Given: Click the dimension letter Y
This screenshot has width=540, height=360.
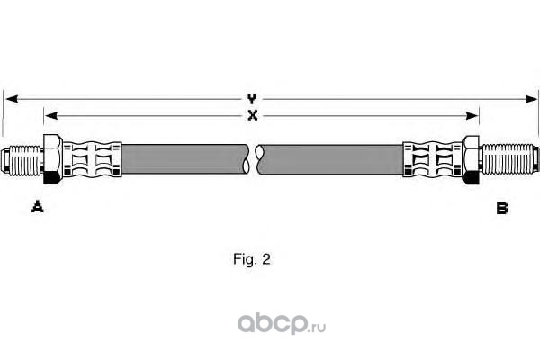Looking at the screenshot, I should coord(253,97).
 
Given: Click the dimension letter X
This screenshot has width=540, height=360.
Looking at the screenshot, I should coord(253,115).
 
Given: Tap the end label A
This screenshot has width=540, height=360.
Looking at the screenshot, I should coord(37,208).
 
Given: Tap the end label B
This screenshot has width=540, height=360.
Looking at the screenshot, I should coord(502,208).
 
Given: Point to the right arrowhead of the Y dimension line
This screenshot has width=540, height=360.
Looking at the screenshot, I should coord(532,97).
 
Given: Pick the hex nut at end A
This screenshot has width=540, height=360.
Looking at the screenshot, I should coord(52,160).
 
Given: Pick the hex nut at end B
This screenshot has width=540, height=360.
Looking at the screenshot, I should coord(472,160).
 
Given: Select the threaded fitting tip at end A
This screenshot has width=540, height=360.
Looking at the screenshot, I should coord(23,160).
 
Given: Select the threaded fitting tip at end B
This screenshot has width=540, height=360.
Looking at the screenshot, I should coord(509,160).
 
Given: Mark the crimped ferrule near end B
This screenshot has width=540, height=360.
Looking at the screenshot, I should coord(432,160).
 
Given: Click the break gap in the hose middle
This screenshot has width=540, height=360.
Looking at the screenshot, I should coord(255,160).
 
